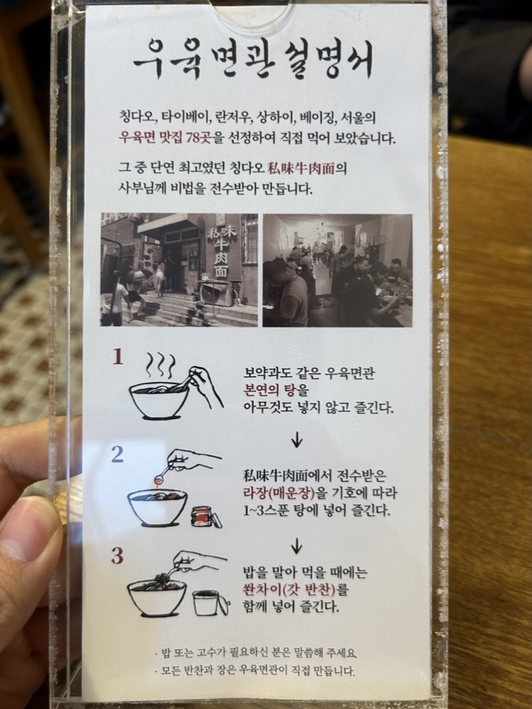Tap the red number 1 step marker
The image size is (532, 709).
pyautogui.click(x=118, y=357)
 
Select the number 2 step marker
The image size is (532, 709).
pyautogui.click(x=118, y=454)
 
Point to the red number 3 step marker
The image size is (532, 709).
pyautogui.click(x=118, y=556)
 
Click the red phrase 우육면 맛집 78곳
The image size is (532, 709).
pyautogui.click(x=165, y=138)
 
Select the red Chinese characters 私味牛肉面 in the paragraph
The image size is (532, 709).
pyautogui.click(x=301, y=169)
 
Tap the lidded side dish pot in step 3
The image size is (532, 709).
pyautogui.click(x=210, y=603)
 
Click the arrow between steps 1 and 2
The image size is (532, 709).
pyautogui.click(x=297, y=440)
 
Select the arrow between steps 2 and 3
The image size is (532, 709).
pyautogui.click(x=296, y=546)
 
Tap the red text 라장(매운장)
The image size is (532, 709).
pyautogui.click(x=279, y=492)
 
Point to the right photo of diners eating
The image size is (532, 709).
pyautogui.click(x=338, y=271)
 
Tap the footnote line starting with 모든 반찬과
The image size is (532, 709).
pyautogui.click(x=255, y=670)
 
